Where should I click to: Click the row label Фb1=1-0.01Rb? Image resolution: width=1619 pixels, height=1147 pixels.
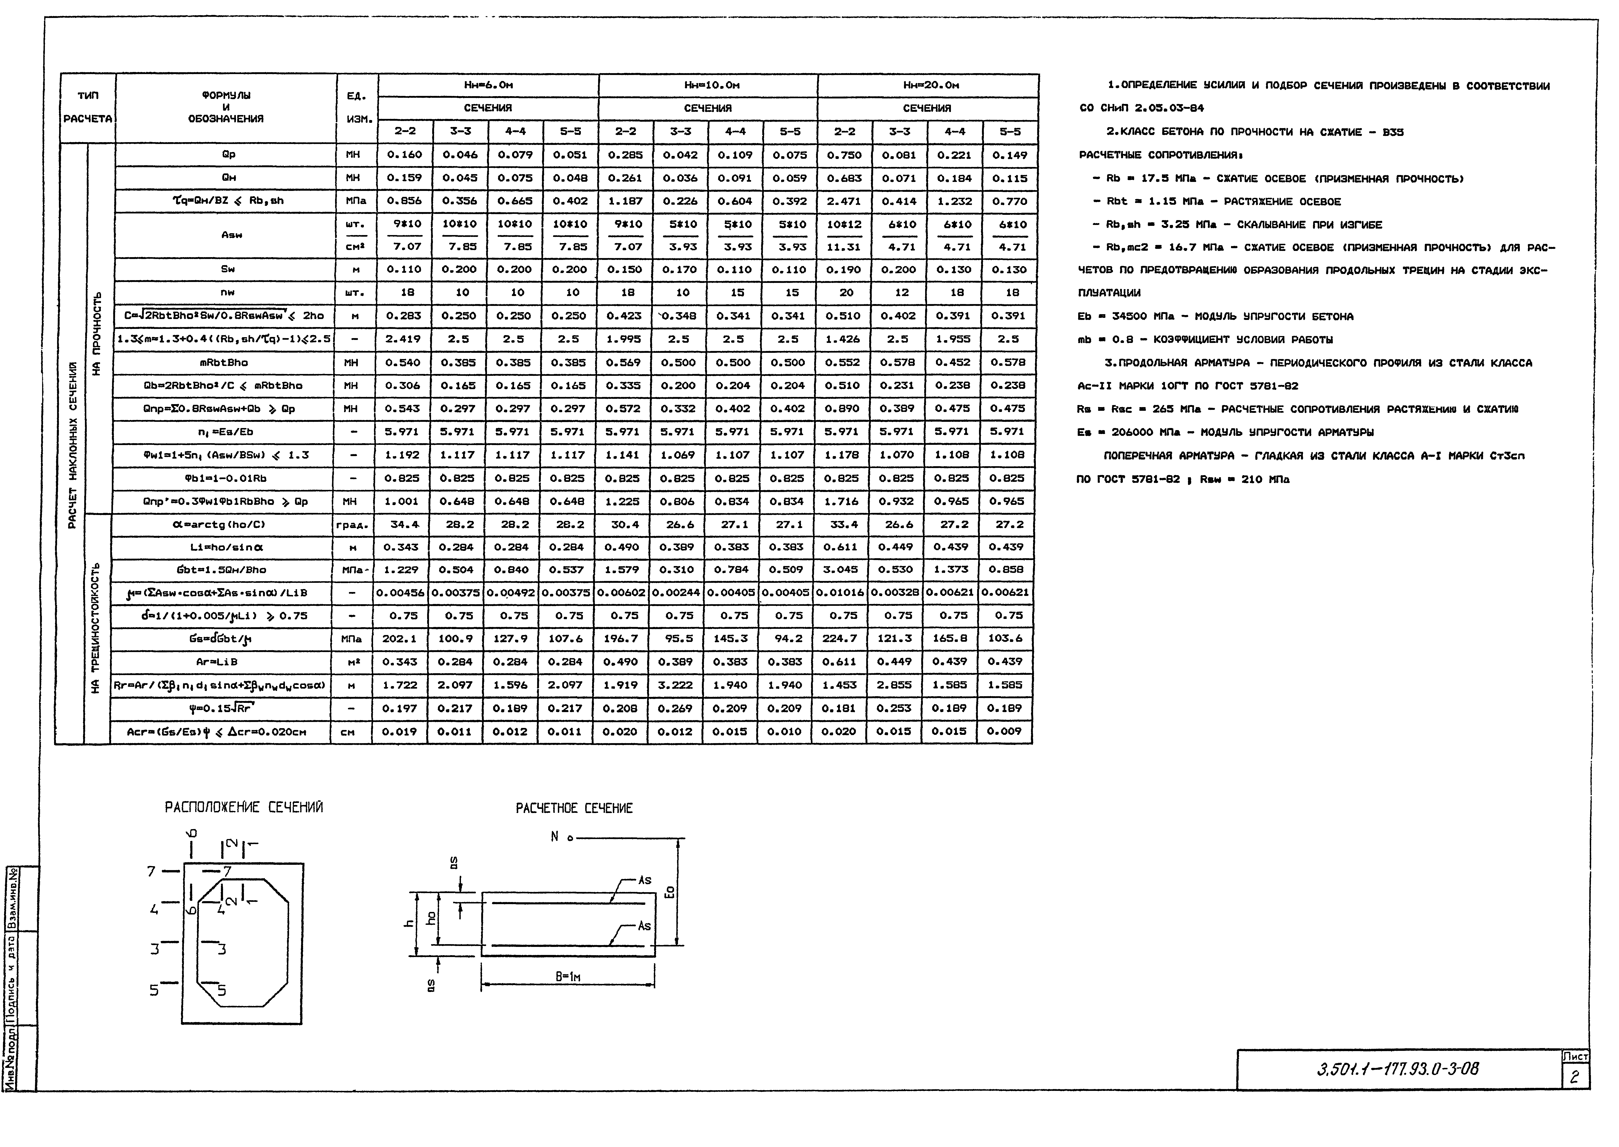click(226, 478)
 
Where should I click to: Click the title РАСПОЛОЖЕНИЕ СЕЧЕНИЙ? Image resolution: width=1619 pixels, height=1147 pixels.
click(244, 807)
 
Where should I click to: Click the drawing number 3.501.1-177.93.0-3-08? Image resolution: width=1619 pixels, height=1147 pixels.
click(1397, 1069)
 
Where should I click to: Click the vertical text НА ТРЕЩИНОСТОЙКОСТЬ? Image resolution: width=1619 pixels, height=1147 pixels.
click(96, 629)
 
